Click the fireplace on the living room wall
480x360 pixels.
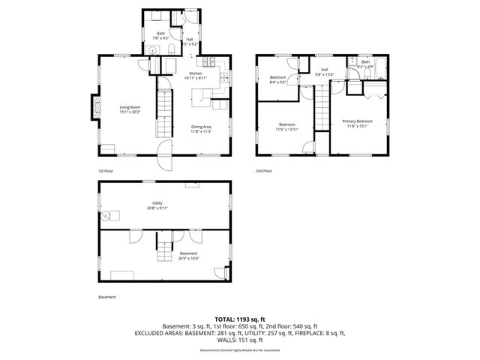click(95, 106)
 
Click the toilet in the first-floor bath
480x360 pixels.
click(172, 50)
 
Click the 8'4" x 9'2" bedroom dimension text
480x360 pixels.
click(278, 82)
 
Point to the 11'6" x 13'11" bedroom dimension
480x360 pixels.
click(288, 129)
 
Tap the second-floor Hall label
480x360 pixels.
click(325, 69)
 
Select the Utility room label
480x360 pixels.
click(157, 202)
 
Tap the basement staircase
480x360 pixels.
click(164, 248)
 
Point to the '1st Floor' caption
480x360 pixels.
click(106, 171)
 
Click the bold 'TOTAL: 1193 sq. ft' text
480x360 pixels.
click(239, 318)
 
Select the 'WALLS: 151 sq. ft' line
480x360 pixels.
click(239, 340)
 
